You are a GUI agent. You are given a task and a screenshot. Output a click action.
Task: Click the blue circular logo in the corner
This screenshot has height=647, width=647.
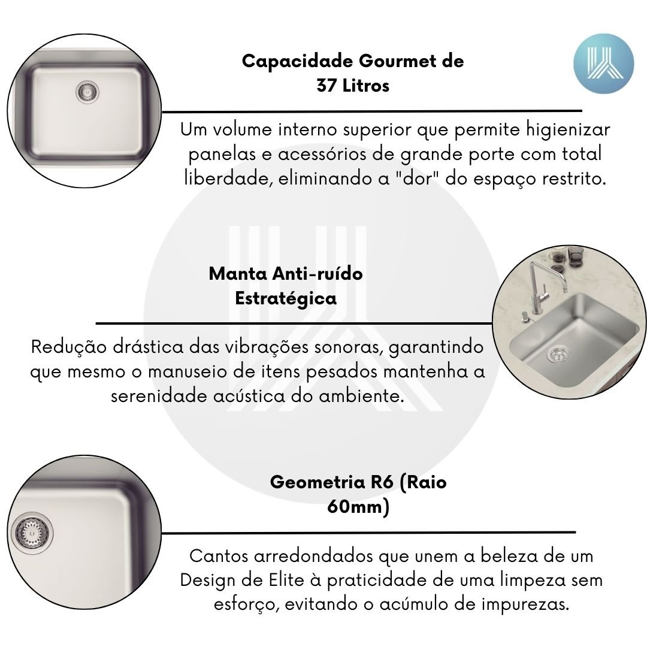click(x=604, y=64)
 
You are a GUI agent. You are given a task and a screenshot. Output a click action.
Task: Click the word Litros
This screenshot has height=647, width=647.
click(x=366, y=86)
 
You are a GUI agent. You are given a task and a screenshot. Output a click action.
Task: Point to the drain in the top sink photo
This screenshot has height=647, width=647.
click(x=87, y=92)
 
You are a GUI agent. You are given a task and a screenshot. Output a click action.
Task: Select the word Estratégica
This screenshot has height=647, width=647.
click(x=286, y=298)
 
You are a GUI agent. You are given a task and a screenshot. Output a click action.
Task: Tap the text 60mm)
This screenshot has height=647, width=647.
click(x=358, y=506)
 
